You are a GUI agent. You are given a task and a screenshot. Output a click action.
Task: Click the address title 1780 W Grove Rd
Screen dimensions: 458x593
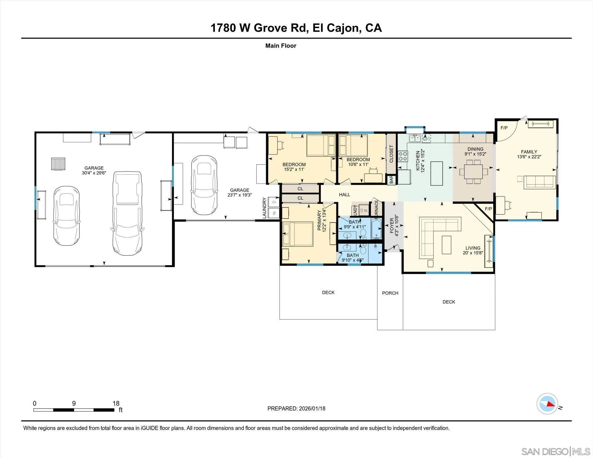[296, 28]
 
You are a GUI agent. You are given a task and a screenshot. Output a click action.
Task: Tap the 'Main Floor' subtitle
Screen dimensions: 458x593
[280, 46]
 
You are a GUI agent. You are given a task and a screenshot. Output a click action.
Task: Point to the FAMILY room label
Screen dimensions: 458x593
[529, 152]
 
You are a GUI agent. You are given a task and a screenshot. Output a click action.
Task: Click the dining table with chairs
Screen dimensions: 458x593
[473, 172]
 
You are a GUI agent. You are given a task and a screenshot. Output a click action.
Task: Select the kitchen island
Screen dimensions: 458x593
[436, 173]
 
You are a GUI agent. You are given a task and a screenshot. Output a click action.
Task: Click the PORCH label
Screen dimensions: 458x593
[390, 293]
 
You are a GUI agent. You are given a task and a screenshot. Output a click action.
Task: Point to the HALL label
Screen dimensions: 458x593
[345, 195]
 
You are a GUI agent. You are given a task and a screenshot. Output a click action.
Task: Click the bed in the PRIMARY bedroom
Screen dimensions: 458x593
[298, 234]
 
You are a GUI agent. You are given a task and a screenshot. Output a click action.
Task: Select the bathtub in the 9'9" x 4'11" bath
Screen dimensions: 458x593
[377, 229]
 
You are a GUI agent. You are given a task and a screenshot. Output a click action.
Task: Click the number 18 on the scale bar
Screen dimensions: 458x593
[116, 403]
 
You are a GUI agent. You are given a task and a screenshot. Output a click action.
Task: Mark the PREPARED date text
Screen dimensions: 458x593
[296, 408]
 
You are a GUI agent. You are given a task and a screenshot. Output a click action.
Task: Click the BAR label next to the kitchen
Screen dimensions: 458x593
[391, 180]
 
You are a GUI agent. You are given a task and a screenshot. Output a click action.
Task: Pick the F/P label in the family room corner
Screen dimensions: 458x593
[504, 128]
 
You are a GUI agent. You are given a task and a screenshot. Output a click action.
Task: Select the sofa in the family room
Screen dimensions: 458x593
[540, 182]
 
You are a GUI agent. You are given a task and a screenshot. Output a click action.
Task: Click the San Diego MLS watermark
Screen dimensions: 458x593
[556, 451]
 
